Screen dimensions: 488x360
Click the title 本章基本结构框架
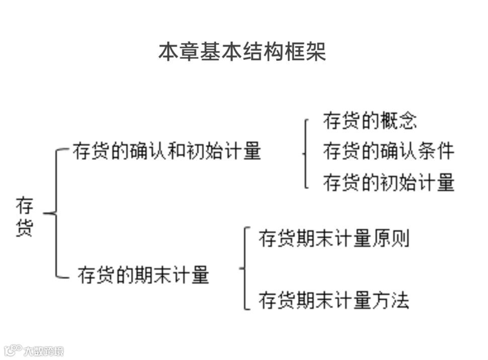tap(242, 51)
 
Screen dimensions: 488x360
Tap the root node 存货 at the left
tap(25, 217)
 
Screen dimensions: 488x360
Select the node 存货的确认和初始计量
tap(167, 151)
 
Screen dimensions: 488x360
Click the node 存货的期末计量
tap(143, 275)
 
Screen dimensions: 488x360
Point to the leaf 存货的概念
tap(370, 121)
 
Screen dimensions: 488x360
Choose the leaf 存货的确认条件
tap(388, 151)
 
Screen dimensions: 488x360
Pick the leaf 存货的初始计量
tap(388, 182)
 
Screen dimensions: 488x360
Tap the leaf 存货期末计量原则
tap(334, 238)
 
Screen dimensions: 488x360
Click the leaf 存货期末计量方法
tap(334, 300)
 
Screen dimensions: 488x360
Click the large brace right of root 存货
tap(56, 213)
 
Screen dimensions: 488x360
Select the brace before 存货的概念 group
tap(305, 153)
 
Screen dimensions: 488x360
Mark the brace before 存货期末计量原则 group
tap(245, 268)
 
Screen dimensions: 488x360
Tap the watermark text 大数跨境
tap(44, 350)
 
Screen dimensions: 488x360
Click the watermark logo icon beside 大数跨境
tap(13, 349)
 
